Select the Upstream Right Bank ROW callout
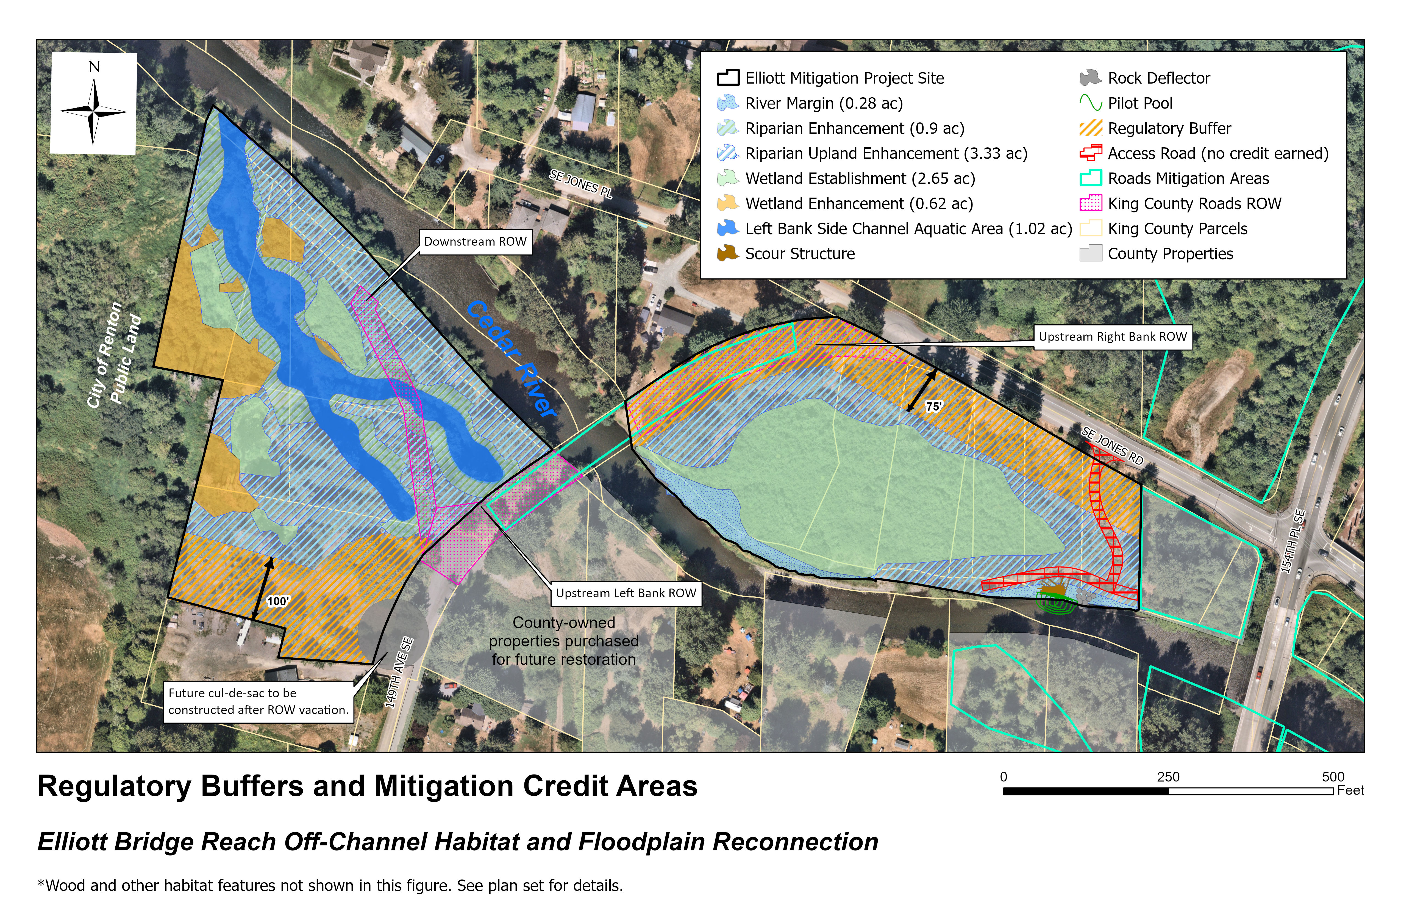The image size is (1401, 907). click(x=1113, y=337)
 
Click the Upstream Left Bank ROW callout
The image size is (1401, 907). click(x=626, y=593)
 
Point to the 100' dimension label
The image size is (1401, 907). click(x=278, y=601)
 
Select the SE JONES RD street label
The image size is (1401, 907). click(x=1113, y=446)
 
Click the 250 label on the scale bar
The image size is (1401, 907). click(x=1168, y=777)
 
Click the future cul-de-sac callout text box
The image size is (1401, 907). click(x=258, y=701)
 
